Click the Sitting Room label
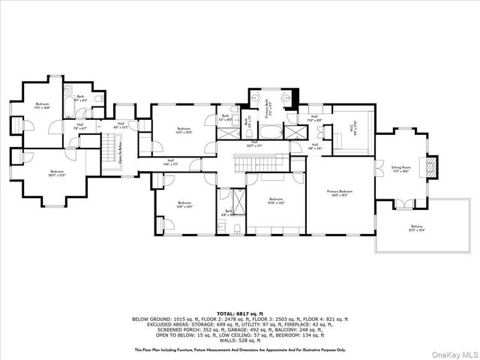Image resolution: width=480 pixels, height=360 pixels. click(x=401, y=169)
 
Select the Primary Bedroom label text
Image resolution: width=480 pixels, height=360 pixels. click(x=339, y=193)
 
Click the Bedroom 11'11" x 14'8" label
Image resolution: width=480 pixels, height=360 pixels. click(x=42, y=106)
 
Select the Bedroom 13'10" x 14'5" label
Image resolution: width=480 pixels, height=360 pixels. click(x=275, y=200)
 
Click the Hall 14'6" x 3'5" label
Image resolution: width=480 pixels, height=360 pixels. click(x=170, y=161)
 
